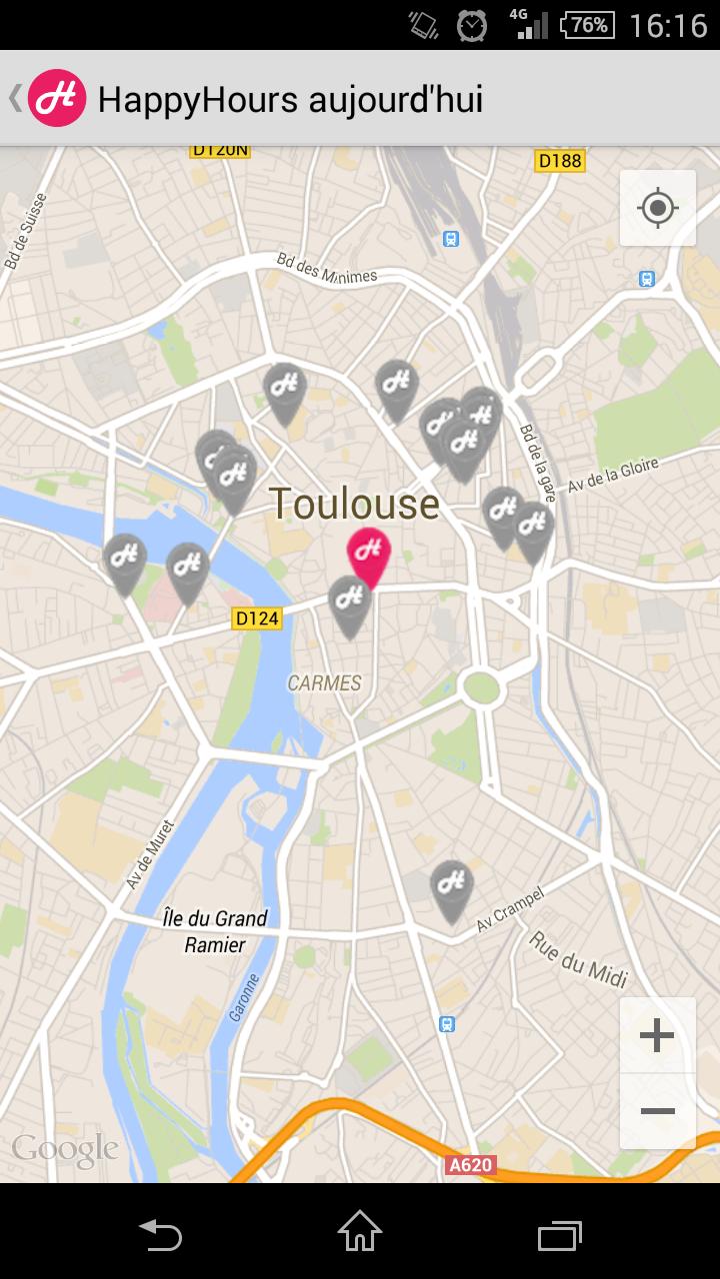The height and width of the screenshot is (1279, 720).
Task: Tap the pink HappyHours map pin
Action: point(368,553)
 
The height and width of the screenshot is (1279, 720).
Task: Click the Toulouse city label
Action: point(354,504)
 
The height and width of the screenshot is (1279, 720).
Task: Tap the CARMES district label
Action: point(324,683)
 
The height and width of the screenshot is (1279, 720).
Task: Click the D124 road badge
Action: point(257,619)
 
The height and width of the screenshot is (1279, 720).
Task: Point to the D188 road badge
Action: point(560,161)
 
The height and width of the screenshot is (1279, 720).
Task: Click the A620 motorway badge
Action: point(469,1164)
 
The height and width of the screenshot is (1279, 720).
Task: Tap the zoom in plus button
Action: point(657,1035)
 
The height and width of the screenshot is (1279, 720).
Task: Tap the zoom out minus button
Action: point(657,1111)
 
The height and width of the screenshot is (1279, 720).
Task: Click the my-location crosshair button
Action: point(657,208)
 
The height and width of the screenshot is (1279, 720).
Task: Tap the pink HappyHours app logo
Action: point(57,98)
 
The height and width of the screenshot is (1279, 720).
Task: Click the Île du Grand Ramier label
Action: point(214,930)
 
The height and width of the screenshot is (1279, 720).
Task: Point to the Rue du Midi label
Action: point(578,960)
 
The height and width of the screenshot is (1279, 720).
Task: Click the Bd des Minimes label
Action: point(327,268)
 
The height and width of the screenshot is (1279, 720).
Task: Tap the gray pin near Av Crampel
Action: point(451,886)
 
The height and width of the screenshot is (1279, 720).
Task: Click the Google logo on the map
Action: point(65,1149)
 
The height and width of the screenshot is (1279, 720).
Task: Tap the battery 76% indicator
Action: point(587,25)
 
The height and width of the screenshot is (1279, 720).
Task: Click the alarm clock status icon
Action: point(471,25)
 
